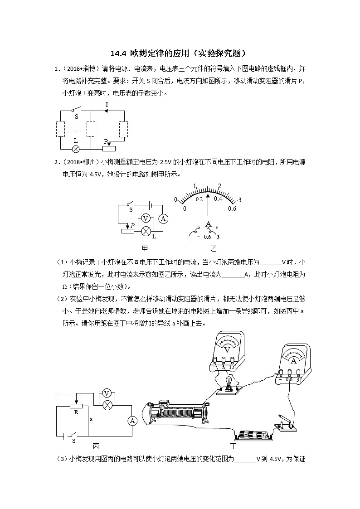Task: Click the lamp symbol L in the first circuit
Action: [76, 149]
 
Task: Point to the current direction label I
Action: [107, 105]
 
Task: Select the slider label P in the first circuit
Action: [106, 141]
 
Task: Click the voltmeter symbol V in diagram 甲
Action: [146, 218]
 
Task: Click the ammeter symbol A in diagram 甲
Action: [163, 218]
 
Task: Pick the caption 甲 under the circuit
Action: [145, 248]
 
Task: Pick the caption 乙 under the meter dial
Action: [214, 248]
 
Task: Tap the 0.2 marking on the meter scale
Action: [199, 199]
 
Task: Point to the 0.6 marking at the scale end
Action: [232, 208]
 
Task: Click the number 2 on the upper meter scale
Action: [219, 186]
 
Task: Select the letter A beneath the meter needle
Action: [208, 224]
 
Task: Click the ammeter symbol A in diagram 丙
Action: [132, 421]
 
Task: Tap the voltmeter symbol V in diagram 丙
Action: [107, 393]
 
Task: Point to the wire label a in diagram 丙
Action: [91, 419]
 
